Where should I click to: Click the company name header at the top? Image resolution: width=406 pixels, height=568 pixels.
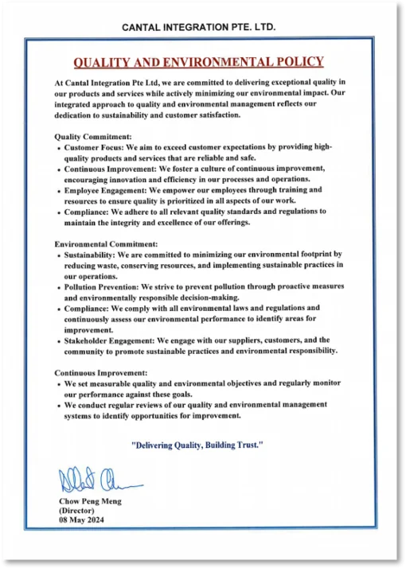coord(198,27)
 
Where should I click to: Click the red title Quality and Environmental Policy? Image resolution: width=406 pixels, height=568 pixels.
coord(198,62)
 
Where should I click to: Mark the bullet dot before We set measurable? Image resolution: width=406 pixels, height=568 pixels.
coord(61,384)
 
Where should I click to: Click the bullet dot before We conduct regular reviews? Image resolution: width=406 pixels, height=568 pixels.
coord(61,406)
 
